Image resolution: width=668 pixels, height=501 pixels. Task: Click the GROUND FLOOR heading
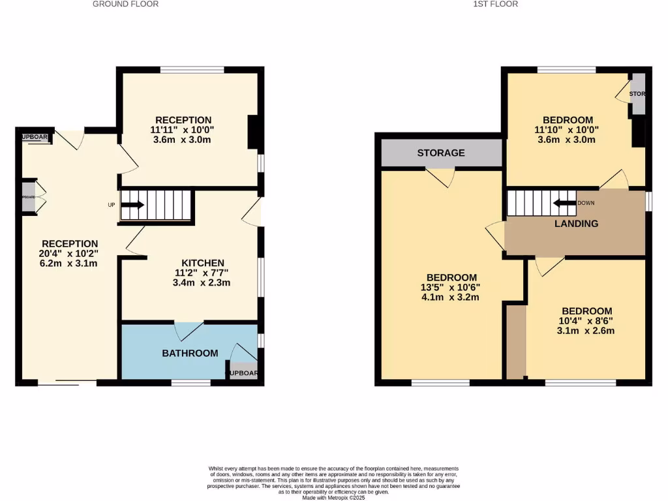[x=125, y=4]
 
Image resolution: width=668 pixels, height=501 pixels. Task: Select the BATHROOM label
[x=190, y=353]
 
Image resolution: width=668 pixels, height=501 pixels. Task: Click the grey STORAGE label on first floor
[x=441, y=153]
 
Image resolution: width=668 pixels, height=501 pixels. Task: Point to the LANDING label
[x=576, y=224]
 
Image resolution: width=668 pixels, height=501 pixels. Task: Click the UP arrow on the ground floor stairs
[x=132, y=205]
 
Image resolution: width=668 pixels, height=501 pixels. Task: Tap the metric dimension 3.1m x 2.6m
[x=586, y=331]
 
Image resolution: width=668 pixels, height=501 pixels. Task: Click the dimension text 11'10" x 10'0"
[x=568, y=130]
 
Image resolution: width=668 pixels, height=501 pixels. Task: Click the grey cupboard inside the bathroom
[x=243, y=371]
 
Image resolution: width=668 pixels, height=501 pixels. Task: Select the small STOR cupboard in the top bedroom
[x=637, y=95]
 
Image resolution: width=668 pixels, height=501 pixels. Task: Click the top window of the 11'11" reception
[x=192, y=68]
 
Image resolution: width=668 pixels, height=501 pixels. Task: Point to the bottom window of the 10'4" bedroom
[x=580, y=382]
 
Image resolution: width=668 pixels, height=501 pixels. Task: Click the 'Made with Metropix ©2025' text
[x=334, y=497]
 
